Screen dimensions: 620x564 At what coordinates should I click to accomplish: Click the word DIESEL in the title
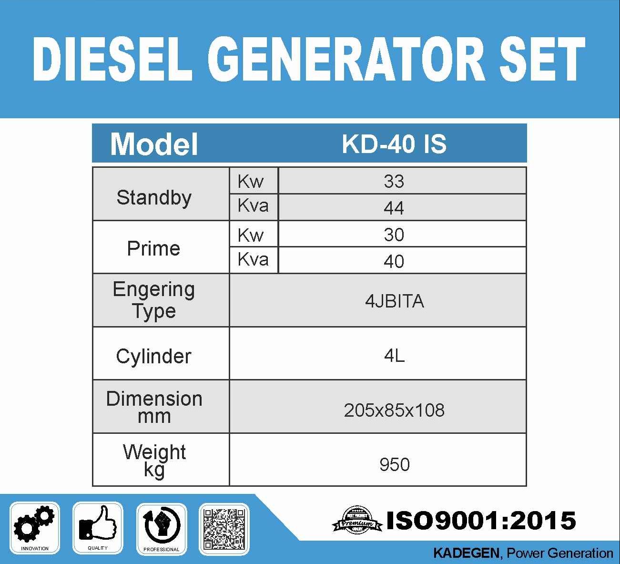pos(113,59)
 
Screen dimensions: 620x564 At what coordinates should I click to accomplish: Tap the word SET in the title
pos(546,59)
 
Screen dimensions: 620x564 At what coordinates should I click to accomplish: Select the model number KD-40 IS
pos(394,144)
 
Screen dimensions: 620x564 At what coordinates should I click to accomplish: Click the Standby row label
pos(154,197)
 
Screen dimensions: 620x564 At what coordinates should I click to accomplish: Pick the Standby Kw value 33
pos(394,181)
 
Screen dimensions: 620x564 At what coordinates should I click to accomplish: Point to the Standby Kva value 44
pos(394,208)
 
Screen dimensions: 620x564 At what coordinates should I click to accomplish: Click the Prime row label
pos(153,248)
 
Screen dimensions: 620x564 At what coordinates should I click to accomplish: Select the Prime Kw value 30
pos(394,235)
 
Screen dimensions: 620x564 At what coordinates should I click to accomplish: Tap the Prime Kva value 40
pos(394,261)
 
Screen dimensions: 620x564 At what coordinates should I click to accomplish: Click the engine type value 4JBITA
pos(395,301)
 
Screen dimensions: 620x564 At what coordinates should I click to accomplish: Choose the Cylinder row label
pos(153,357)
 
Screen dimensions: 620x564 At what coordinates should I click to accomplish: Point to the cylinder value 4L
pos(395,356)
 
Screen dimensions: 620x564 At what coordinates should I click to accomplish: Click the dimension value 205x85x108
pos(394,410)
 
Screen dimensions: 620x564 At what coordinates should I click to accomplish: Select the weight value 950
pos(395,464)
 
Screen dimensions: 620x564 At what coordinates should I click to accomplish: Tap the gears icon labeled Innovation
pos(34,523)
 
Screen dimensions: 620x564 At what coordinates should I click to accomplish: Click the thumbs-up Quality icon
pos(98,523)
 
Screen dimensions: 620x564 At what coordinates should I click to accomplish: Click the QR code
pos(224,529)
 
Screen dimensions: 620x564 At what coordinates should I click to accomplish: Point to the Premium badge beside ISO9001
pos(357,520)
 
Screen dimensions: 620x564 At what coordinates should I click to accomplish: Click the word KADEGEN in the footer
pos(466,553)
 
